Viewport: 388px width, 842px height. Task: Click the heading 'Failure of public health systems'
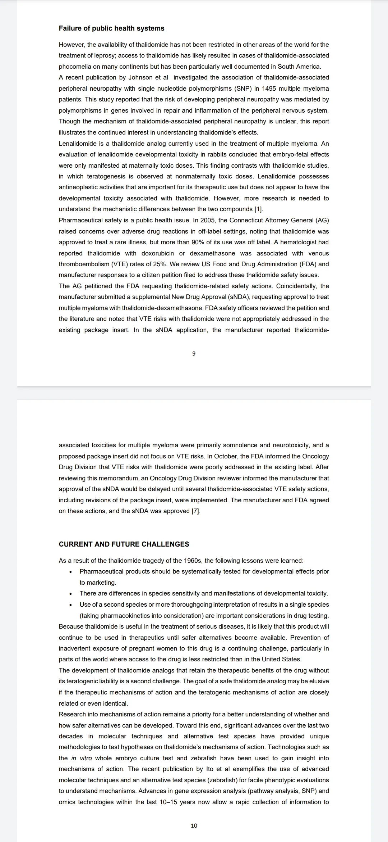[111, 28]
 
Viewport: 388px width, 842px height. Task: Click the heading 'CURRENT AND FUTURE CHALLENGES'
[124, 544]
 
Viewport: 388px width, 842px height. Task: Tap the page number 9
[194, 354]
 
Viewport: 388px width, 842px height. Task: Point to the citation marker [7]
[196, 511]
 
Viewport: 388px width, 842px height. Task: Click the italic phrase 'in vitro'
[81, 758]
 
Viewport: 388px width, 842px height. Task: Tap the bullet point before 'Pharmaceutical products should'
[71, 572]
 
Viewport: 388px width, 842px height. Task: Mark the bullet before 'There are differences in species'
[71, 594]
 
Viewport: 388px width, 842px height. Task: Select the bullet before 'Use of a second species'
[71, 605]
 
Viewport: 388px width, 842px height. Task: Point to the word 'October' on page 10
[226, 456]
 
